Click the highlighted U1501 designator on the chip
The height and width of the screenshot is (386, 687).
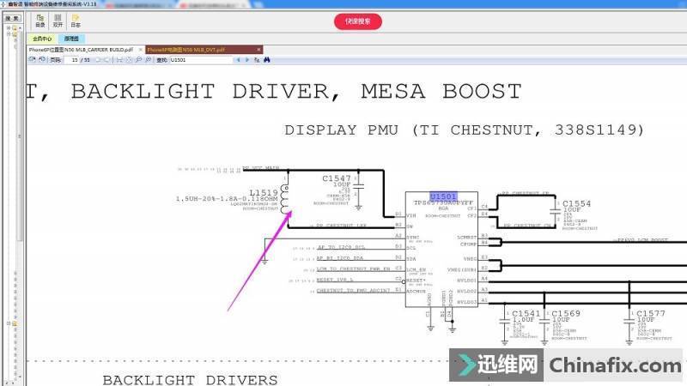(442, 196)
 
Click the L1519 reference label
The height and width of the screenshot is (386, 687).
(263, 192)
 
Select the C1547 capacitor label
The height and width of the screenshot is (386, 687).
(337, 178)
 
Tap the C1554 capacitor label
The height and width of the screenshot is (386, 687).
(576, 203)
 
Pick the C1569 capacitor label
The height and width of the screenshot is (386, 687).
(566, 313)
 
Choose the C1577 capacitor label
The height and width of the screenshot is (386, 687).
(650, 313)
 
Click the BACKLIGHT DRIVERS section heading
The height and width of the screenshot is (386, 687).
(190, 379)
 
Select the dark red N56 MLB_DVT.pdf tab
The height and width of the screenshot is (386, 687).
(185, 50)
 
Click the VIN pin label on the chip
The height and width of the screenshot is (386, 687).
(412, 214)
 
